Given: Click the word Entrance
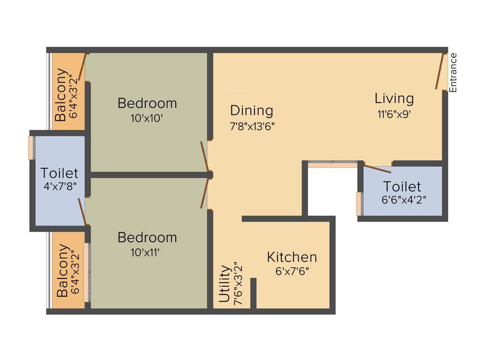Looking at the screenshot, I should pyautogui.click(x=453, y=73).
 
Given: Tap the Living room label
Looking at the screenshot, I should pyautogui.click(x=394, y=98).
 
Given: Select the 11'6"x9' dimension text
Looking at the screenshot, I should pyautogui.click(x=394, y=114).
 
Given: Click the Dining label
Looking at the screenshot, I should pyautogui.click(x=251, y=111).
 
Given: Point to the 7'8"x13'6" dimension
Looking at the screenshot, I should pyautogui.click(x=252, y=126).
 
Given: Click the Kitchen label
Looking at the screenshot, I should pyautogui.click(x=292, y=257).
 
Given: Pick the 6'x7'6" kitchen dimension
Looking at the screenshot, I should pyautogui.click(x=292, y=271).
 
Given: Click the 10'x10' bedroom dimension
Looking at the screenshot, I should pyautogui.click(x=147, y=119).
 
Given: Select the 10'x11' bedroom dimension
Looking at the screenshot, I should pyautogui.click(x=147, y=253).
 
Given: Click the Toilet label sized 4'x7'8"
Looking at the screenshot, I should pyautogui.click(x=59, y=173).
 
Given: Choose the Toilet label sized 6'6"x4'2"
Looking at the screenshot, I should pyautogui.click(x=402, y=186).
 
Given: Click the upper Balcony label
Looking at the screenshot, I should pyautogui.click(x=61, y=95).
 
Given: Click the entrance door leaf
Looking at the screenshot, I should pyautogui.click(x=440, y=71).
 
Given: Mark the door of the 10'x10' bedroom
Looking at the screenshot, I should pyautogui.click(x=204, y=157).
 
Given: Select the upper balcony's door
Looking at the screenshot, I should pyautogui.click(x=82, y=67).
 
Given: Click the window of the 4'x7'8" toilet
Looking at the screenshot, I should pyautogui.click(x=31, y=148).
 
